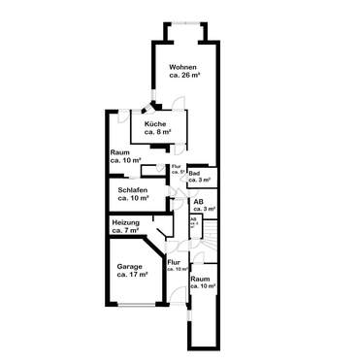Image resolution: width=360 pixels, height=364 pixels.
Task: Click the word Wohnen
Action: point(183,66)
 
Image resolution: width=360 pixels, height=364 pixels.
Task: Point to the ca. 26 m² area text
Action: point(183,75)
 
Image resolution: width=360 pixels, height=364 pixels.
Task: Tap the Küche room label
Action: point(155,125)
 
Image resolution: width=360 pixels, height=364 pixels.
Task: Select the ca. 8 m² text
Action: point(155,133)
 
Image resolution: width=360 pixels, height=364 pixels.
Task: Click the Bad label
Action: point(194,173)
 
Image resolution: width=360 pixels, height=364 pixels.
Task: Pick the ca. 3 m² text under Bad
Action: point(200,180)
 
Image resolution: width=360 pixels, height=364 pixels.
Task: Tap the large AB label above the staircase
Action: point(199,202)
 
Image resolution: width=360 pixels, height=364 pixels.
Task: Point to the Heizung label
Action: point(127,223)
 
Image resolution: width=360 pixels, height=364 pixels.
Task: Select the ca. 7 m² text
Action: point(127,231)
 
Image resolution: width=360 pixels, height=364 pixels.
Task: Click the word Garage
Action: point(130,267)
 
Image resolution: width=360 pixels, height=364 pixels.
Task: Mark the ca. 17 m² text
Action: point(132,275)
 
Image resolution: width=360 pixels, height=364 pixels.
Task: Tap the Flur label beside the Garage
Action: point(174,262)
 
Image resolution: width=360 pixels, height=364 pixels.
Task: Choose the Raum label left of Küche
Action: point(119,152)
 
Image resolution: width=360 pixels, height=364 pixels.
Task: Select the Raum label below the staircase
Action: point(200,280)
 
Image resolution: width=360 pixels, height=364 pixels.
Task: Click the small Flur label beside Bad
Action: point(176,166)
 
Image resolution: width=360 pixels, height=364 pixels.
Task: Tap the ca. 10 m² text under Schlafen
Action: point(133,198)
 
